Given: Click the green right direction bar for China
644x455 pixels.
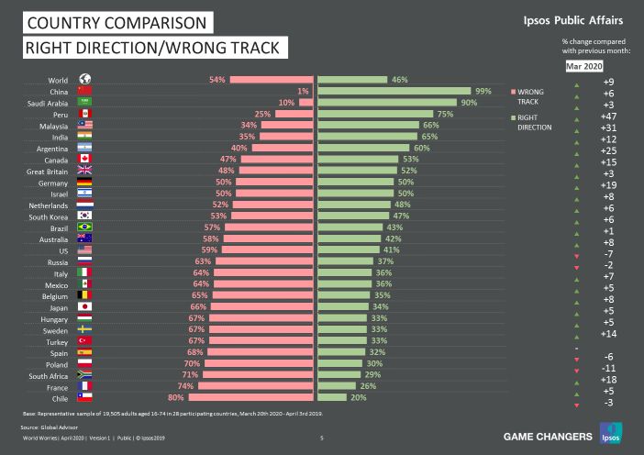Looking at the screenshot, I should (394, 91).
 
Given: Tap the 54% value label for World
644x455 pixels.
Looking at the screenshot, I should (217, 80).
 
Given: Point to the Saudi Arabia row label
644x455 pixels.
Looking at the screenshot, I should (50, 102).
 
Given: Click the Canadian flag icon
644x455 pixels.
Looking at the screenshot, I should (84, 159).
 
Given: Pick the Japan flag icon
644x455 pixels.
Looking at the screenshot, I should (84, 306).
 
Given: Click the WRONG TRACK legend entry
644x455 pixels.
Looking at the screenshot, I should (531, 96).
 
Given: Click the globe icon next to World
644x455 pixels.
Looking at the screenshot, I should (84, 80).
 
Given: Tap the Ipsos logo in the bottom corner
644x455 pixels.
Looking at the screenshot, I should (608, 431).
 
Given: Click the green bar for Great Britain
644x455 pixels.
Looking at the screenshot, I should (358, 171).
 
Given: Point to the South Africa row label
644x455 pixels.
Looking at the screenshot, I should (50, 375).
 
